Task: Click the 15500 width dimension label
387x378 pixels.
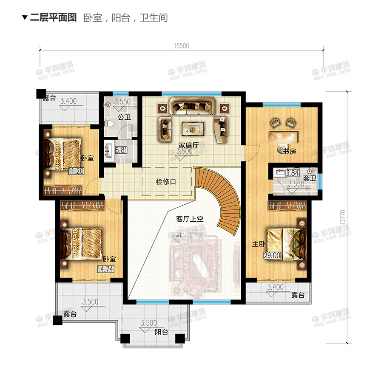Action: tap(181, 46)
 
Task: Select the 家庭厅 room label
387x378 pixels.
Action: tap(189, 145)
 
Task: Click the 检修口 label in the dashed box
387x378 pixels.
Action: tap(166, 182)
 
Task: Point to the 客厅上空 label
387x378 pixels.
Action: tap(190, 219)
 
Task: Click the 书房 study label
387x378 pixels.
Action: tap(290, 151)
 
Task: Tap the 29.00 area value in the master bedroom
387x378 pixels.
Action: tap(273, 255)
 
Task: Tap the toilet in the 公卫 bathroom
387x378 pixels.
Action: tap(109, 123)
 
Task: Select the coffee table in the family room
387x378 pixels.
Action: tap(193, 128)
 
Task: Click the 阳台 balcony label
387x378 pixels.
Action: tap(161, 332)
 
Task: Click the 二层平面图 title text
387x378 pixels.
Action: tap(53, 17)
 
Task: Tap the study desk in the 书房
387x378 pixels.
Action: tap(283, 137)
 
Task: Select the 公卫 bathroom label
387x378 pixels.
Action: tap(124, 117)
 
